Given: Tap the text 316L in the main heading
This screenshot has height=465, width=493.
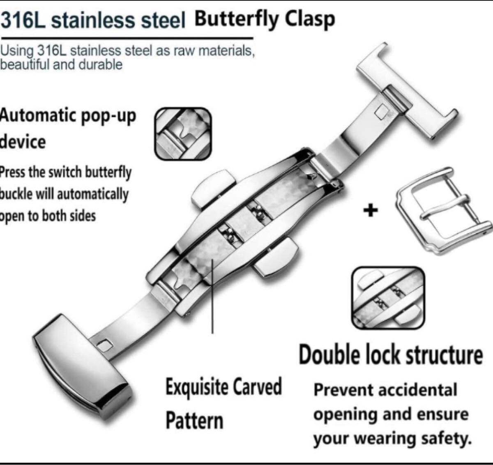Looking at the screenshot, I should point(25,21).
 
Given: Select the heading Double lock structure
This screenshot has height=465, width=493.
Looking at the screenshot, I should point(390,355).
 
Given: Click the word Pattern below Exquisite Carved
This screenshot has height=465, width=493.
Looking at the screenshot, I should point(194,420).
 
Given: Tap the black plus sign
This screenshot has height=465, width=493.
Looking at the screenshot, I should point(370,211).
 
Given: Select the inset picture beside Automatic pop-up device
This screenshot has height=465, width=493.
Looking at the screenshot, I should point(183,134).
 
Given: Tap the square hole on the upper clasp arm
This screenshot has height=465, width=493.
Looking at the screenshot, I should point(382,110).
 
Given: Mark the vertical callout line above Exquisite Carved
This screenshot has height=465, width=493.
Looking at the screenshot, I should point(212,296).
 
